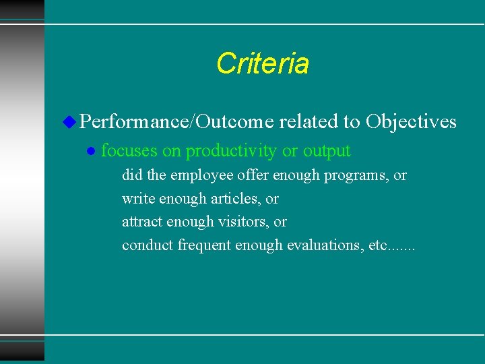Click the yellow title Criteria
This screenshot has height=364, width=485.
(263, 63)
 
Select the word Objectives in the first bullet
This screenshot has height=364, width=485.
(411, 122)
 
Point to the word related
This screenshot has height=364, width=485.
(309, 122)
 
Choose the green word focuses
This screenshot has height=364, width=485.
(129, 151)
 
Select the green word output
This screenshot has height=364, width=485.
(327, 151)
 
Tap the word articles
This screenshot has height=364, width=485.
(235, 199)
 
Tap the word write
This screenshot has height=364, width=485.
(137, 199)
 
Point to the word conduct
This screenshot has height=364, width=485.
(148, 245)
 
